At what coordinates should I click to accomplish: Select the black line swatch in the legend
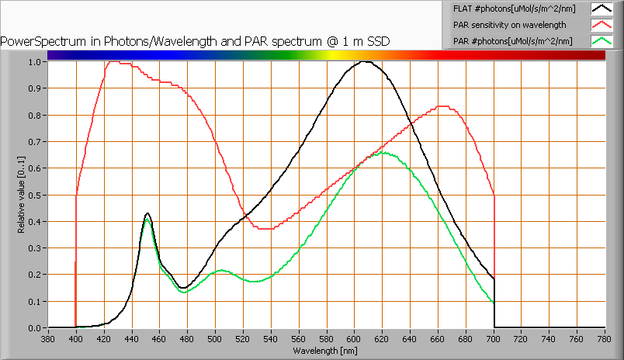601,9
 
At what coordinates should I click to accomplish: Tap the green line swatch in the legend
601,40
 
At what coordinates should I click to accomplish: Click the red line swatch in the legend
601,25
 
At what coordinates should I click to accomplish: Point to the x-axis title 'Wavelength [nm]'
326,351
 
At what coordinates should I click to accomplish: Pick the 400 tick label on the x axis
76,339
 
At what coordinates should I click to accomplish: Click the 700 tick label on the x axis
494,339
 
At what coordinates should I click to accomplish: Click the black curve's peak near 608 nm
364,61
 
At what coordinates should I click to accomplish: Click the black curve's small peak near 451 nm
147,213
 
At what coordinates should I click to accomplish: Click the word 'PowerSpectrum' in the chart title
38,40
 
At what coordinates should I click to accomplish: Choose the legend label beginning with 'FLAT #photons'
509,9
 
